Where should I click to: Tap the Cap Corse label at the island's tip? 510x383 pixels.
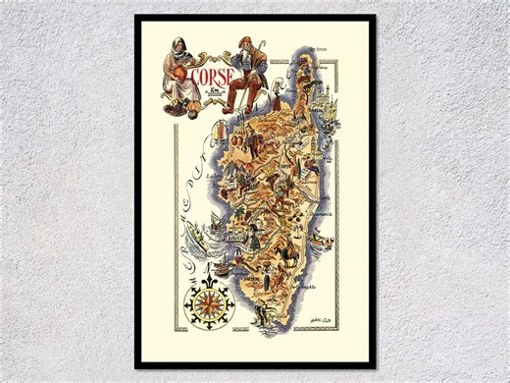pos(316,48)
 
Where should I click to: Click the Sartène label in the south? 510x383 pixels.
pos(257,278)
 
